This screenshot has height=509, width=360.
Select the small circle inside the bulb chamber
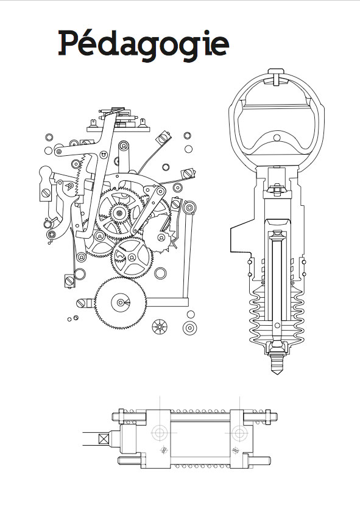(277, 138)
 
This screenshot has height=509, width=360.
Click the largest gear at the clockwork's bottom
(120, 303)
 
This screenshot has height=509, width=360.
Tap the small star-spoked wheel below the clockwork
(160, 326)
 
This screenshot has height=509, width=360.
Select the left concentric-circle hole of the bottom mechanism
(160, 432)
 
